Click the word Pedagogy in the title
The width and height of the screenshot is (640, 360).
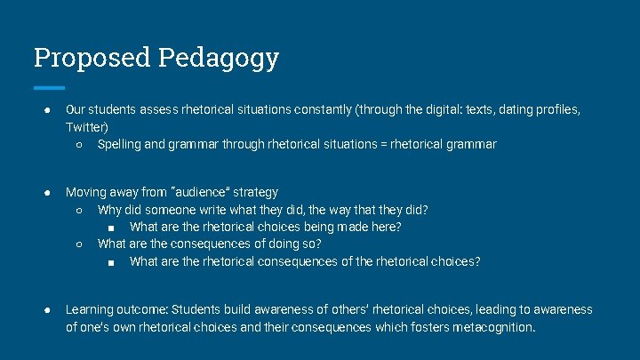click(219, 58)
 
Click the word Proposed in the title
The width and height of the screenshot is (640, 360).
click(92, 58)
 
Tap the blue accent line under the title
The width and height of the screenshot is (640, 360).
click(49, 87)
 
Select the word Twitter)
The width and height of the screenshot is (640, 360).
click(86, 127)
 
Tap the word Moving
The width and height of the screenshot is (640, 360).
click(86, 192)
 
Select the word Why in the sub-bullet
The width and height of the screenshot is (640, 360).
click(110, 210)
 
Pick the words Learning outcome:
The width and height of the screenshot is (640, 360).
click(116, 310)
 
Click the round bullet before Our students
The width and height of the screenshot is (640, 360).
click(46, 110)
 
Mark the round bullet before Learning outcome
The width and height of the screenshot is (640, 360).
click(46, 310)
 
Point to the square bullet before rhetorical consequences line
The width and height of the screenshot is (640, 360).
click(110, 261)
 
